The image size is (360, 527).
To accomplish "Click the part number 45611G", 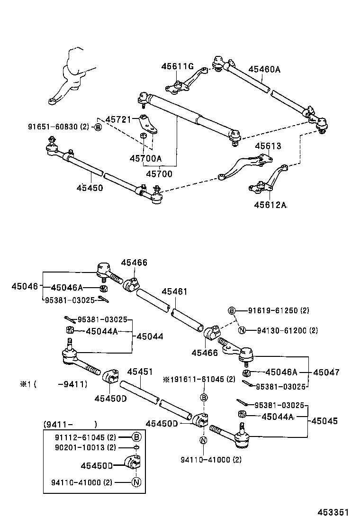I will click(177, 66).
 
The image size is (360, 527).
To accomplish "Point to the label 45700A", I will click(146, 158).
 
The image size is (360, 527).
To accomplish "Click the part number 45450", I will click(89, 188).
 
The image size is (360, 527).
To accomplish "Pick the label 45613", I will click(268, 146).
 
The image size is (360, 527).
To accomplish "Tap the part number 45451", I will click(140, 372).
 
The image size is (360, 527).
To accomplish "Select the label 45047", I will click(326, 372).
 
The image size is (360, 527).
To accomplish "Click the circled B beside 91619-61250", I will click(232, 310).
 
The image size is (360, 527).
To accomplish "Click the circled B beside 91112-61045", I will click(136, 437).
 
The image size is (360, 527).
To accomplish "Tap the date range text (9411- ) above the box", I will click(70, 424).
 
